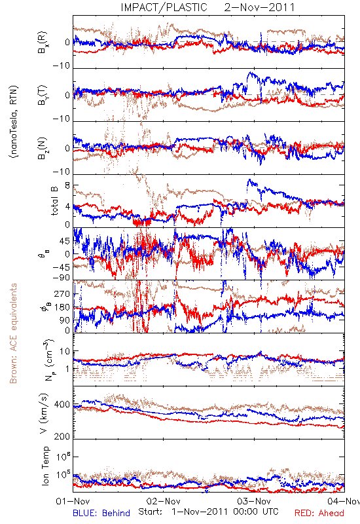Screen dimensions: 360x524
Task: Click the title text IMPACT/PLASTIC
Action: pyautogui.click(x=164, y=7)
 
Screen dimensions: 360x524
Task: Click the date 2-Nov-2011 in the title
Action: pyautogui.click(x=259, y=7)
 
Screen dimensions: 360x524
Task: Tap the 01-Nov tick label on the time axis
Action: pyautogui.click(x=73, y=501)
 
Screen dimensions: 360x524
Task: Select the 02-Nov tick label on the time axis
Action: pyautogui.click(x=163, y=501)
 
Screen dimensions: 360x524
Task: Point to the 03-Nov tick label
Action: pyautogui.click(x=254, y=501)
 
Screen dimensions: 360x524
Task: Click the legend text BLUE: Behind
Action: pyautogui.click(x=101, y=513)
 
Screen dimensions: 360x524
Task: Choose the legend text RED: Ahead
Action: pyautogui.click(x=319, y=513)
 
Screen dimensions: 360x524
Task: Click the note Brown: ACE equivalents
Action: pyautogui.click(x=13, y=333)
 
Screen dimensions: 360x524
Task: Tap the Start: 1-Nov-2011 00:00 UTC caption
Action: pyautogui.click(x=208, y=512)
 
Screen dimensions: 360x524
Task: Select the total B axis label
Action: pyautogui.click(x=54, y=201)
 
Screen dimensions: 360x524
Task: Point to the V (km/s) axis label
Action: pyautogui.click(x=45, y=413)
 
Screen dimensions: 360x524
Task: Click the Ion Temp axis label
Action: pyautogui.click(x=45, y=466)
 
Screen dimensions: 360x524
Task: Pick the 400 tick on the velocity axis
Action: pyautogui.click(x=62, y=405)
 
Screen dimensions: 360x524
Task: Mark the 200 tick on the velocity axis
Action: pyautogui.click(x=62, y=436)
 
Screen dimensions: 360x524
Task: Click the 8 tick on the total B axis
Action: pyautogui.click(x=67, y=185)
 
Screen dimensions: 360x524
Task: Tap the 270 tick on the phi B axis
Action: pyautogui.click(x=62, y=293)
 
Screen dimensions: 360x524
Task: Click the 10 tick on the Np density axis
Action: pyautogui.click(x=65, y=352)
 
